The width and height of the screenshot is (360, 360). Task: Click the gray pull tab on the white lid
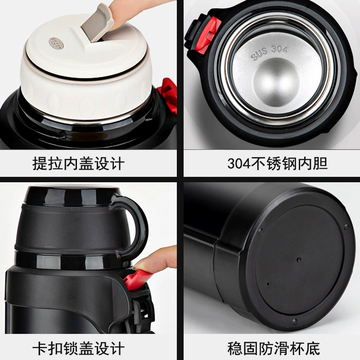pyautogui.click(x=98, y=23)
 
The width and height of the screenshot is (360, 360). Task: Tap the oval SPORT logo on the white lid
pyautogui.click(x=56, y=43)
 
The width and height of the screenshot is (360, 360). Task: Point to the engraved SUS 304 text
pyautogui.click(x=269, y=53)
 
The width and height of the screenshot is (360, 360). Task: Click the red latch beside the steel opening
pyautogui.click(x=208, y=35)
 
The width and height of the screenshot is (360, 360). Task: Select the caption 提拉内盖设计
pyautogui.click(x=78, y=163)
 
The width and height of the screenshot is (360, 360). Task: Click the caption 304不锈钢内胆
pyautogui.click(x=277, y=163)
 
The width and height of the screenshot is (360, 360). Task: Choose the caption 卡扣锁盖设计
pyautogui.click(x=78, y=348)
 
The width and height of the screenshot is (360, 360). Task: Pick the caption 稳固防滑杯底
pyautogui.click(x=274, y=348)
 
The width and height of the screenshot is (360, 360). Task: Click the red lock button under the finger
pyautogui.click(x=135, y=279)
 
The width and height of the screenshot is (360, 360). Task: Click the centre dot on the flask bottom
pyautogui.click(x=298, y=260)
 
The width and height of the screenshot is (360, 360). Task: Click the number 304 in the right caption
pyautogui.click(x=238, y=164)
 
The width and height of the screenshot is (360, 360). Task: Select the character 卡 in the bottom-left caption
pyautogui.click(x=40, y=348)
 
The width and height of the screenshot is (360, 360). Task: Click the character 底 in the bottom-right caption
pyautogui.click(x=313, y=348)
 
